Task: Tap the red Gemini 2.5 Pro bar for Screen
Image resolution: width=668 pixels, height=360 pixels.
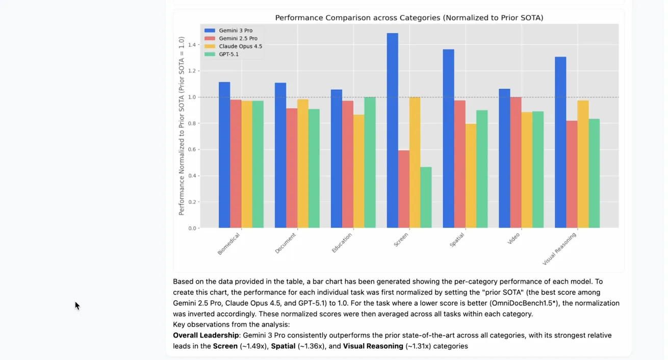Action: (x=403, y=189)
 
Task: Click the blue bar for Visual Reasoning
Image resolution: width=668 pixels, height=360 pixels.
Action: (x=560, y=142)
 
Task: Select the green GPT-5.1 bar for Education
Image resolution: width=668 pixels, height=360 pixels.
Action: (x=370, y=163)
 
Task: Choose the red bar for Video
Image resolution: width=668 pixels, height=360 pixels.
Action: (x=516, y=163)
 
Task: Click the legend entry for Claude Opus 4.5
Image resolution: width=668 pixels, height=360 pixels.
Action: (x=240, y=46)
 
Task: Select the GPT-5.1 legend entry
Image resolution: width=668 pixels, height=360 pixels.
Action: (x=228, y=54)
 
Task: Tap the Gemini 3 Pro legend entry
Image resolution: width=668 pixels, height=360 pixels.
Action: (x=236, y=31)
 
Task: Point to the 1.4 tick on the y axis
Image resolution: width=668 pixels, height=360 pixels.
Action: (x=192, y=45)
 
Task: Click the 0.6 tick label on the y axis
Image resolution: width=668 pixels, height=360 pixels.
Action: (x=192, y=150)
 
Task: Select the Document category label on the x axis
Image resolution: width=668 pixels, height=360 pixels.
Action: (x=286, y=243)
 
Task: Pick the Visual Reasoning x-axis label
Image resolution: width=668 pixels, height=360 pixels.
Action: (x=559, y=249)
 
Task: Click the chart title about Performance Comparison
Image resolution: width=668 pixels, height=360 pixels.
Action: (x=409, y=18)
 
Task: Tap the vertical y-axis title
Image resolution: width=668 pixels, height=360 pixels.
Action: (x=182, y=126)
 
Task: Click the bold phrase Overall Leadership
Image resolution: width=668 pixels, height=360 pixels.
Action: (x=205, y=336)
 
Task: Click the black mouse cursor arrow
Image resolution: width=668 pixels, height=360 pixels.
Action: (x=77, y=305)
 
